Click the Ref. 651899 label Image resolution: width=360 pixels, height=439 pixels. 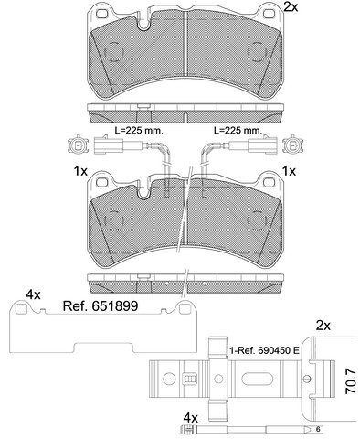point(101,305)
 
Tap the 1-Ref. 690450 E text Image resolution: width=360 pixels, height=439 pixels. point(264,350)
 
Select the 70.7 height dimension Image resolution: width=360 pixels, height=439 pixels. point(350,381)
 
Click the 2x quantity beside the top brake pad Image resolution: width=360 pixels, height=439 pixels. point(291,6)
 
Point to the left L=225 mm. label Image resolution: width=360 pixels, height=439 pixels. point(139,131)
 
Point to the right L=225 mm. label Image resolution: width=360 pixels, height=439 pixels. point(238,131)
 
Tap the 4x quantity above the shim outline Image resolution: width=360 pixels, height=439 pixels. point(33,294)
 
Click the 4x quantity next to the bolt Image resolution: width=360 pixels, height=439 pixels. point(191,416)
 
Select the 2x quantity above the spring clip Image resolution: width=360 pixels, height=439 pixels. point(323,327)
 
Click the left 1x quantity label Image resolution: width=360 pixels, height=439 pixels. point(80,171)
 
